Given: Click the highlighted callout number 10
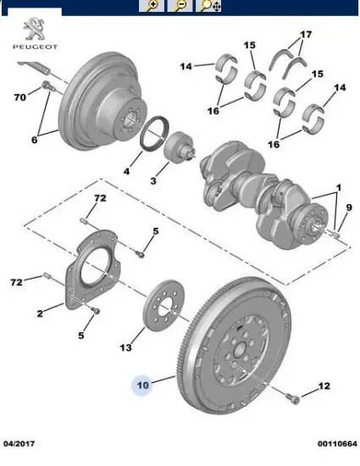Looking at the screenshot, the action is [x=142, y=386].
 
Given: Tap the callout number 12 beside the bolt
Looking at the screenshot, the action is [x=324, y=386].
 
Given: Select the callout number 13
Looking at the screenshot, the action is [x=125, y=347].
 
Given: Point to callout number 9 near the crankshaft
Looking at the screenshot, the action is [x=349, y=208].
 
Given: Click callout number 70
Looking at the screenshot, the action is [x=20, y=97].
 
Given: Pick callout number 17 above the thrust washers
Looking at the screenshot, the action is [x=306, y=35].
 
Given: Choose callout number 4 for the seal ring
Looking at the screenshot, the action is [x=127, y=171].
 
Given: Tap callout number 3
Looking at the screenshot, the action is [x=153, y=180].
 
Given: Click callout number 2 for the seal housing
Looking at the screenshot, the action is [x=40, y=313].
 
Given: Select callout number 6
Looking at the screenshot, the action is [x=35, y=140].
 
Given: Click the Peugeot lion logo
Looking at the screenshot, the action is [x=35, y=29].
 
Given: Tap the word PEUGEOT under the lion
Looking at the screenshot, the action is [x=35, y=47].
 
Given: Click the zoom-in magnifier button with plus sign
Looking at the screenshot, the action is [x=152, y=6].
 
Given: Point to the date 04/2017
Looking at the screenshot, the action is [x=19, y=444].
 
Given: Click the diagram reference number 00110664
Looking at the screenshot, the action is [x=337, y=444].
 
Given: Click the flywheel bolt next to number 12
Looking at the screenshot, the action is [x=293, y=398].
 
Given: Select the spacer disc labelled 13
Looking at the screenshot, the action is [x=163, y=304].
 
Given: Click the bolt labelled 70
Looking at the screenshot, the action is [x=47, y=86].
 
